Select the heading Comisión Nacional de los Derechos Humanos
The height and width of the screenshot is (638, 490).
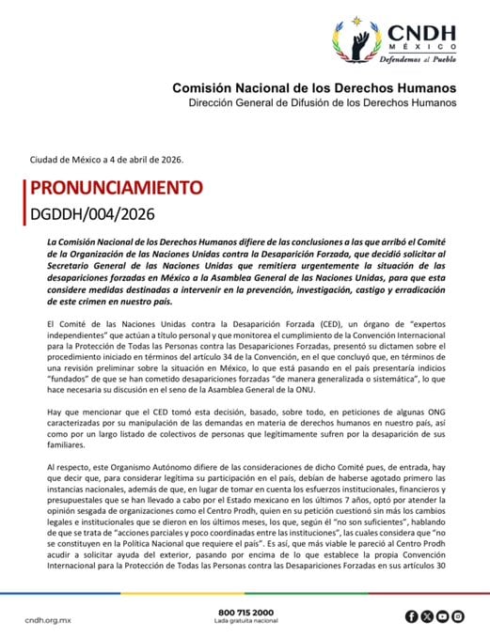point(314,87)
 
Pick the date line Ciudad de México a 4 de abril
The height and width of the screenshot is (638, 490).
point(106,160)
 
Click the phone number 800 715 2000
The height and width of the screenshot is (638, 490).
point(245,612)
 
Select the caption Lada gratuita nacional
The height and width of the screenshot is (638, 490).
point(245,622)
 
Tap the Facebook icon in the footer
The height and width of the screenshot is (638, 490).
point(412,616)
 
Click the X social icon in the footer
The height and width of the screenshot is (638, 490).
point(427,616)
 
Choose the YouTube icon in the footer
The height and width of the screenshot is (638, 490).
point(442,616)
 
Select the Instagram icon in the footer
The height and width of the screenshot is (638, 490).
point(457,616)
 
